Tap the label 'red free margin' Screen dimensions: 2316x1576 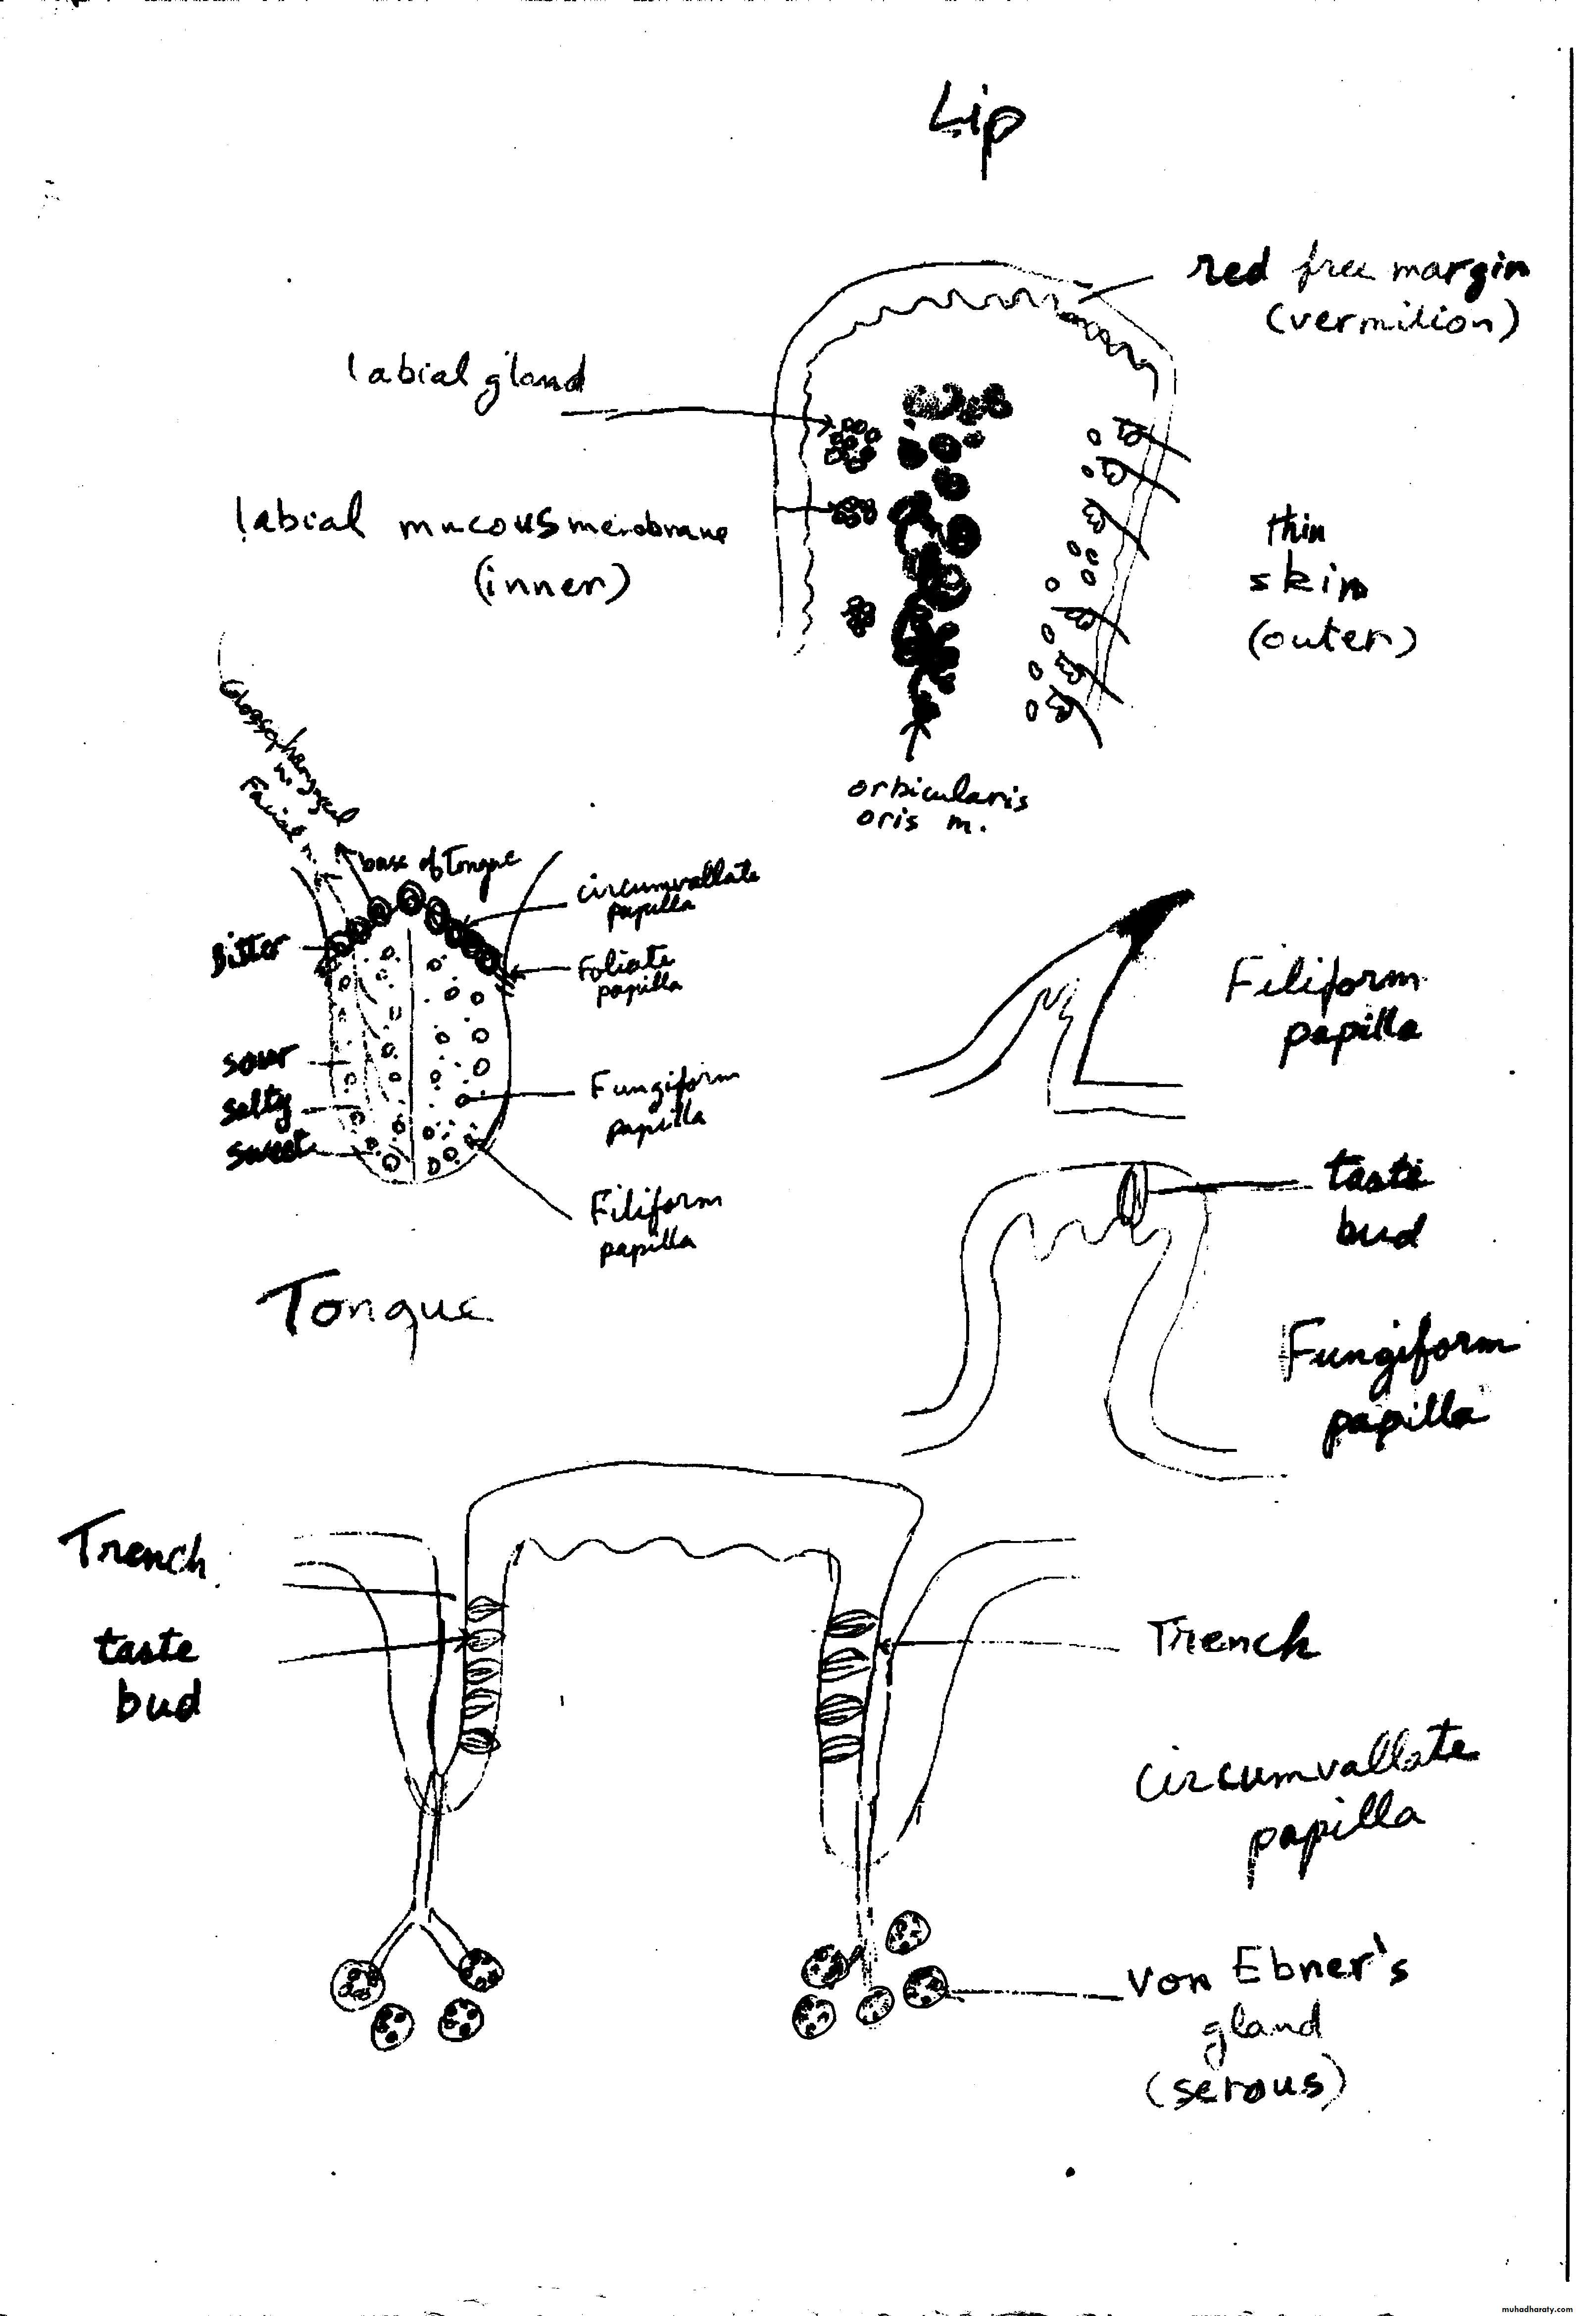pyautogui.click(x=1357, y=269)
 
